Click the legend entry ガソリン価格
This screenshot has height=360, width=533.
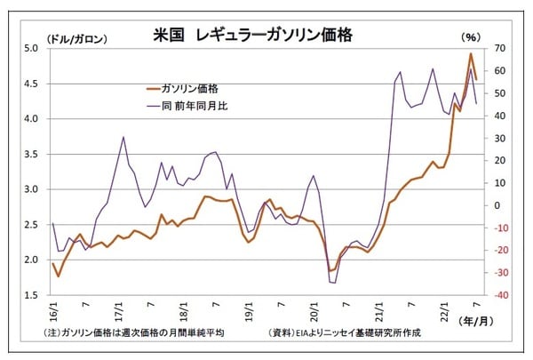tap(191, 88)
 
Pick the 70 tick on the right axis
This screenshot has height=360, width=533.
tap(499, 48)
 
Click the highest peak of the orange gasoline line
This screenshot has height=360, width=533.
tap(471, 53)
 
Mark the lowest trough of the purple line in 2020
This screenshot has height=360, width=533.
tap(334, 283)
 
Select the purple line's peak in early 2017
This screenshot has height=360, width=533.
tap(123, 137)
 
